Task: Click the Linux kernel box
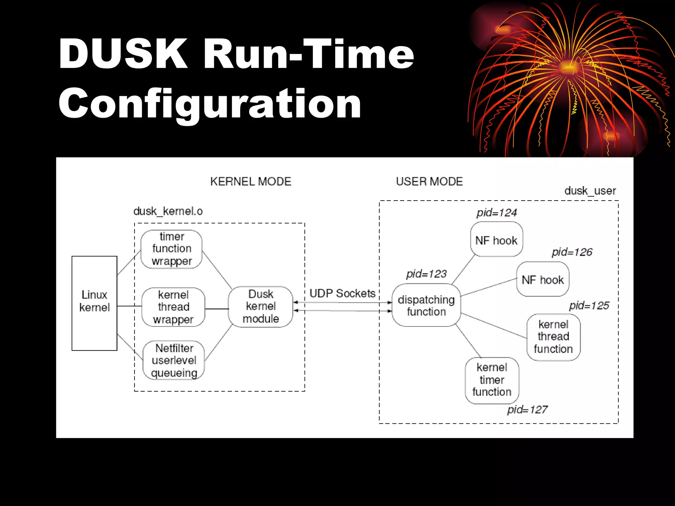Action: (94, 303)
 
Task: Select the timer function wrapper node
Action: (171, 249)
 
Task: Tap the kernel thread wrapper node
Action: (173, 307)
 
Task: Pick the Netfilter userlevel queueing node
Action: (174, 360)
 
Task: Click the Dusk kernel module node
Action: (260, 307)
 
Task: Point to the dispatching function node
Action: (426, 305)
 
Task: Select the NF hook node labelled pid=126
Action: (543, 279)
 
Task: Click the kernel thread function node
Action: (553, 337)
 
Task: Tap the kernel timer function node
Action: (492, 380)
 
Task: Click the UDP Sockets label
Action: (342, 293)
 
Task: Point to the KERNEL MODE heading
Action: (250, 182)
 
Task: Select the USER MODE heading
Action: (429, 182)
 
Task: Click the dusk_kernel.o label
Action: (168, 211)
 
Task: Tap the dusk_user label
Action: (590, 191)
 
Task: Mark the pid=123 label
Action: (426, 274)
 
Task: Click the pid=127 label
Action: (527, 409)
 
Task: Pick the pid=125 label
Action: (589, 305)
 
